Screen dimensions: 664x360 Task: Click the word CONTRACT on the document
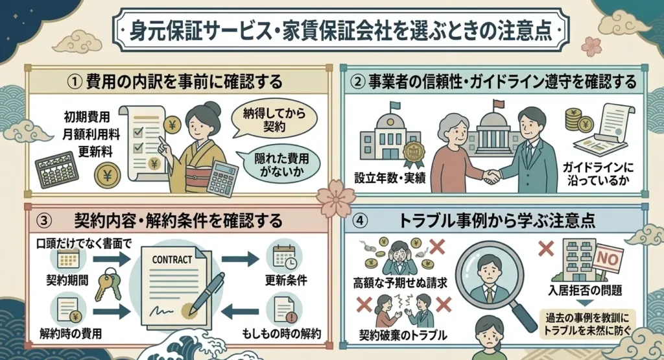click(172, 259)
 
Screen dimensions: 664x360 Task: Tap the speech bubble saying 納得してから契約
click(274, 119)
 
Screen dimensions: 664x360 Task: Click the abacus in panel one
click(57, 169)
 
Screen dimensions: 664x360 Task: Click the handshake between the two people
click(492, 176)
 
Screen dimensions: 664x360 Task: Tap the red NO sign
click(608, 257)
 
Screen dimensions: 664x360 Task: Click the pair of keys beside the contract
click(109, 283)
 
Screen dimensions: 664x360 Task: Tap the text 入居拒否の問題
click(585, 291)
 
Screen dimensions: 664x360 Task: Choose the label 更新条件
click(286, 280)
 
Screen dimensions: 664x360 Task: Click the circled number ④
click(360, 221)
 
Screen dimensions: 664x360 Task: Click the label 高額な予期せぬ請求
click(400, 283)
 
